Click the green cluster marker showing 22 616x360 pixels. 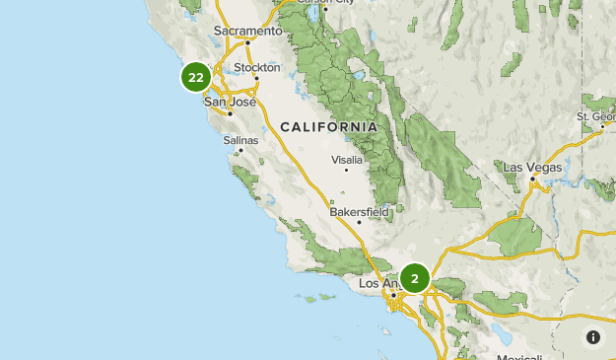pos(195,77)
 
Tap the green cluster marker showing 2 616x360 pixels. pos(415,278)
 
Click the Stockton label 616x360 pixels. pos(257,67)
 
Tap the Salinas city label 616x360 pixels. pos(240,140)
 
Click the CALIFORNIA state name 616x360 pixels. pos(328,127)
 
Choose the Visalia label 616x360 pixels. pos(347,159)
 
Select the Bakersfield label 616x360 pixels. pos(360,211)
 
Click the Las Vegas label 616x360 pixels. pos(532,167)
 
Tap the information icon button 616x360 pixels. pos(592,336)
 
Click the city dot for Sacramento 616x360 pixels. pos(247,42)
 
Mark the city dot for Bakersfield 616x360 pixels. pos(359,222)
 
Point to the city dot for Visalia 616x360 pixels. pos(346,170)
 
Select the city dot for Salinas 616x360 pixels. pos(240,151)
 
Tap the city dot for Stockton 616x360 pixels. pos(256,78)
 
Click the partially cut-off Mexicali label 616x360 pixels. pos(519,356)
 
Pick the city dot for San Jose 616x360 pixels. pos(230,113)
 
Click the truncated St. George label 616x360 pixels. pos(596,116)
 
